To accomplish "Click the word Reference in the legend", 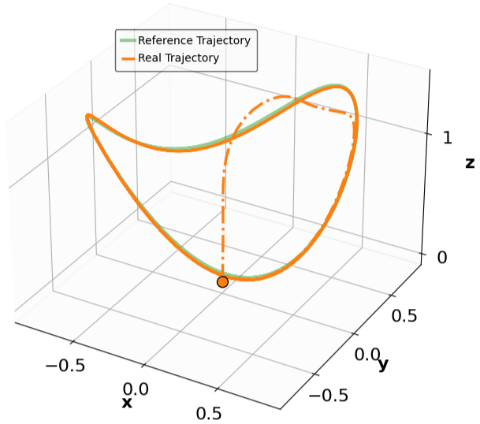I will pos(162,40).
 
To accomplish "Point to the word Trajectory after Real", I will pos(192,58).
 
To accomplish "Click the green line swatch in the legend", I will pos(127,40).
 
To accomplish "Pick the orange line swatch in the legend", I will pos(127,58).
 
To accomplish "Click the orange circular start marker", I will pos(222,281).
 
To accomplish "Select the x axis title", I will pos(127,403).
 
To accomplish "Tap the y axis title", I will pos(383,364).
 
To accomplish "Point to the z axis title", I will pos(470,163).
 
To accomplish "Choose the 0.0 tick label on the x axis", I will pos(136,389).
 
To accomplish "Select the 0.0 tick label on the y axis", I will pos(367,355).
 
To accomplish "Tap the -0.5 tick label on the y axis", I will pos(329,396).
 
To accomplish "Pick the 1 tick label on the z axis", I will pos(448,136).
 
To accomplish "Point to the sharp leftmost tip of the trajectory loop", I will pos(87,119).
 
